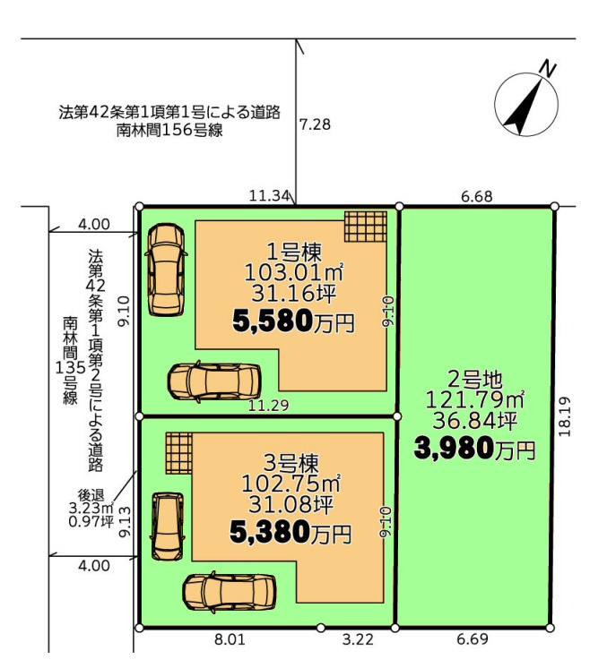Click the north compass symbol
click(528, 100)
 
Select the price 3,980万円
click(474, 447)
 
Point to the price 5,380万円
click(290, 534)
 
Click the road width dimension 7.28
click(315, 125)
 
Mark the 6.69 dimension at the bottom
click(473, 640)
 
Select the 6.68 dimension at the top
click(476, 195)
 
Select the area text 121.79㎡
click(474, 398)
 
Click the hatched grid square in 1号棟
click(366, 230)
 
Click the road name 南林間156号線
click(169, 130)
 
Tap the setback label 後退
click(93, 493)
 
